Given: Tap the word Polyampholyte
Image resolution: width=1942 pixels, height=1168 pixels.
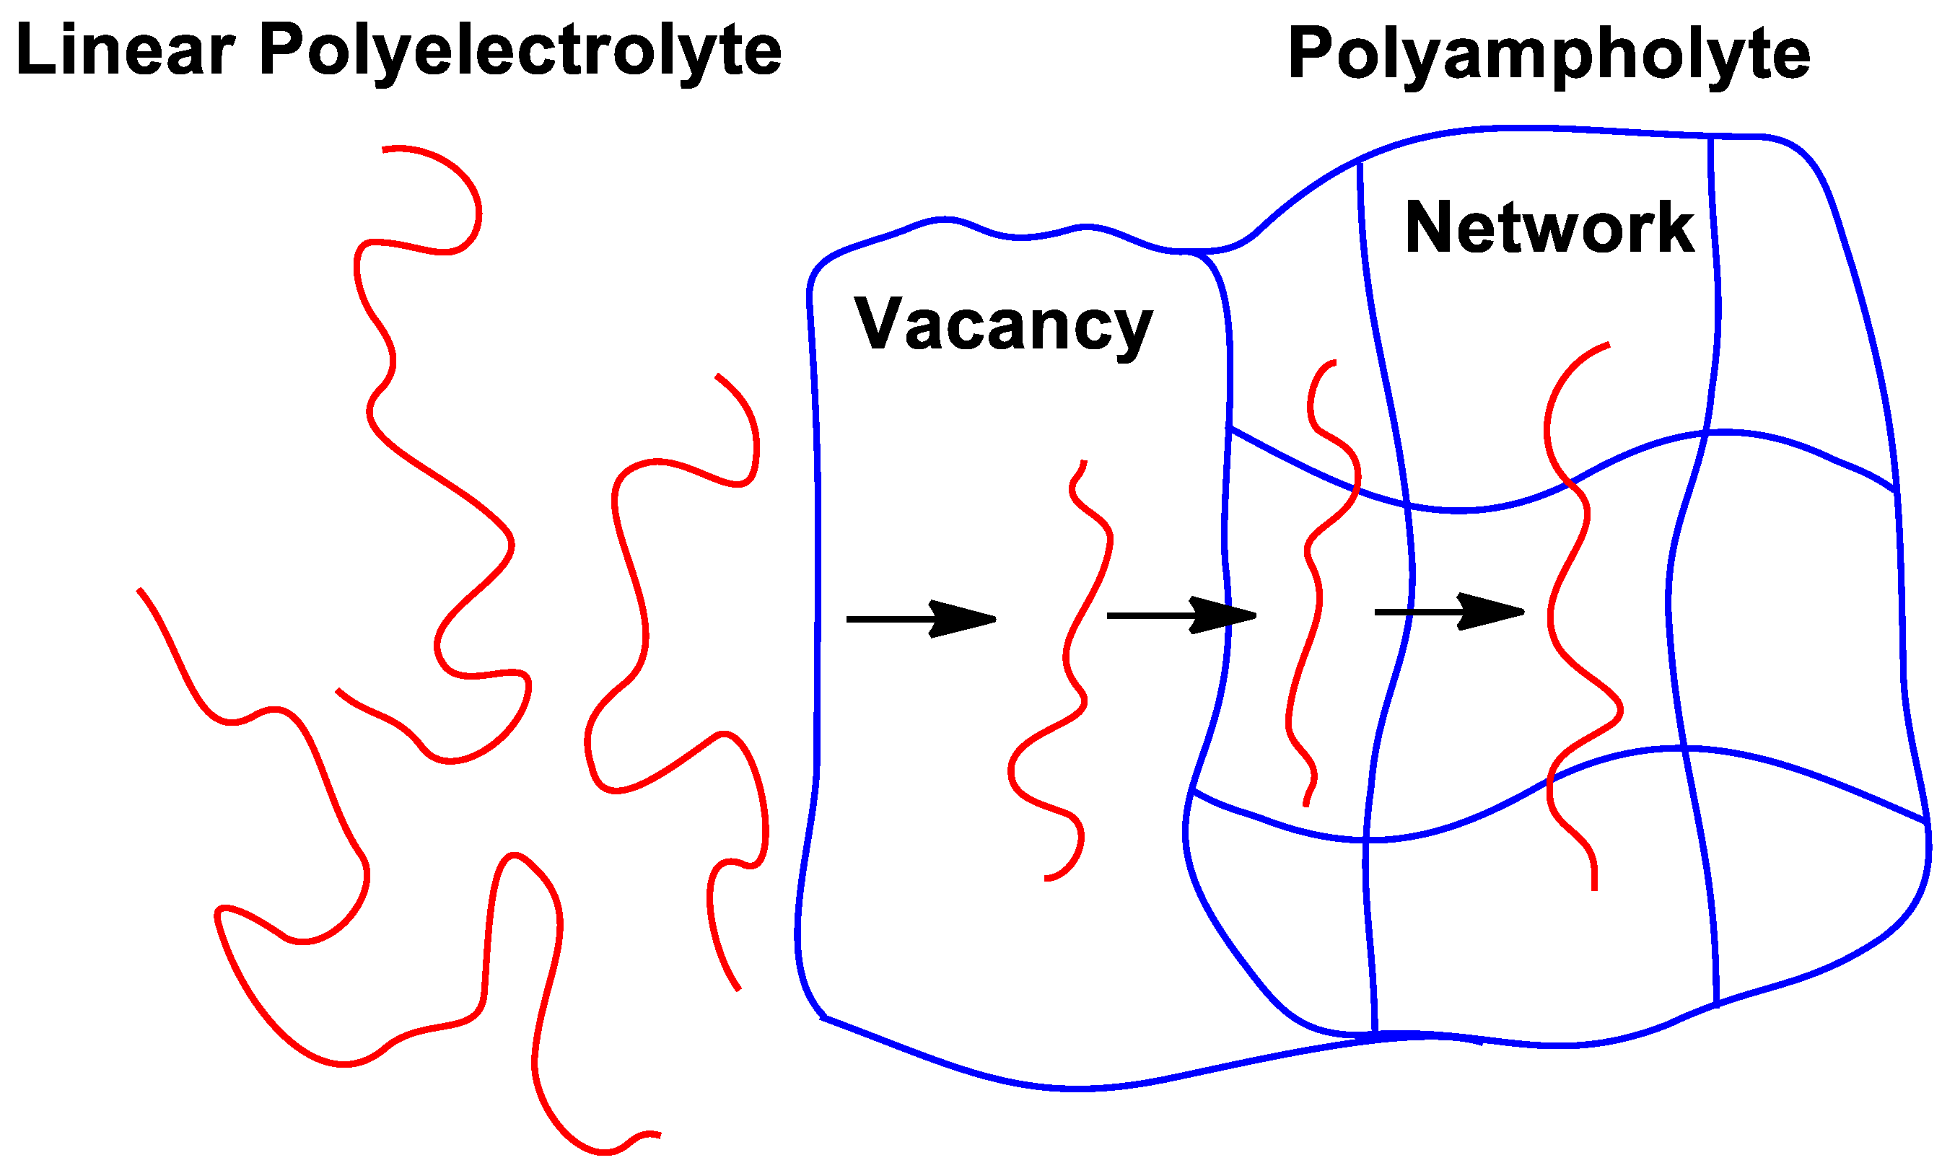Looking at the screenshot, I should [x=1549, y=55].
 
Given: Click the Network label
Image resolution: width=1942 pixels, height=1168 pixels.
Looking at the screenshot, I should [x=1549, y=228].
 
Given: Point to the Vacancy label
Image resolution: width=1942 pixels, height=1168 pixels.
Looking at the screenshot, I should [x=1003, y=326].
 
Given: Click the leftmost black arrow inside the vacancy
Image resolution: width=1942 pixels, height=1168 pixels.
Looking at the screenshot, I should [x=920, y=619].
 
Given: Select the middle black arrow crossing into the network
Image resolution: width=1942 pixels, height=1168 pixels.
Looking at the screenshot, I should [x=1180, y=615].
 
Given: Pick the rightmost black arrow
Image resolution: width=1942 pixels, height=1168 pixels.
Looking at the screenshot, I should [x=1448, y=612].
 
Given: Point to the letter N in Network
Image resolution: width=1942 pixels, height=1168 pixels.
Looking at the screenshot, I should [x=1428, y=227].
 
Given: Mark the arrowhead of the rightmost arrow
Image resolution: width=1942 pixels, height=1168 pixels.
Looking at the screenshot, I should [x=1496, y=612].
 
